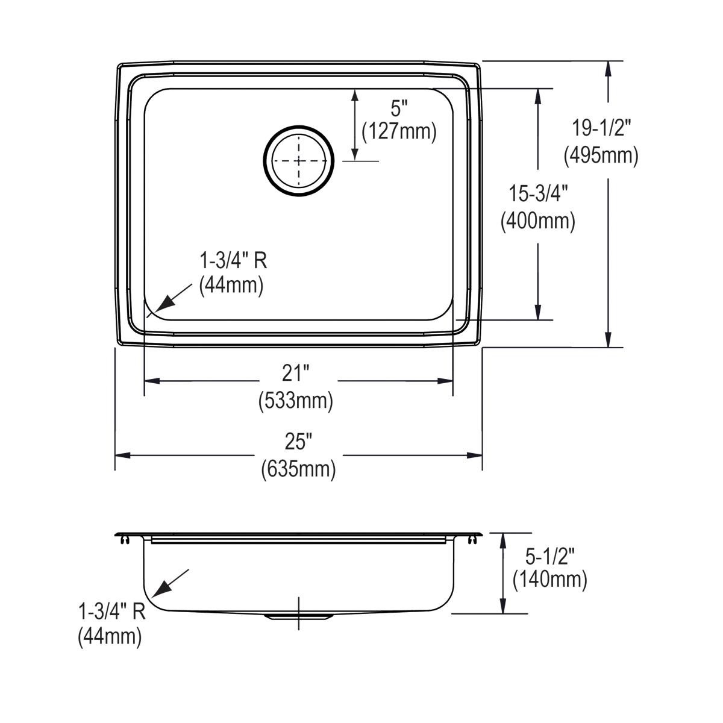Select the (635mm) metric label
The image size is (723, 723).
298,469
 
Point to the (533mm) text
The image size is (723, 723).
295,400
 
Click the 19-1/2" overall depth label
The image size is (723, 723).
601,129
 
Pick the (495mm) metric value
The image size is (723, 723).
601,155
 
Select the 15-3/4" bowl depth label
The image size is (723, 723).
537,195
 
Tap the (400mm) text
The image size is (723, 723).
537,221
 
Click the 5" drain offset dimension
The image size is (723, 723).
399,108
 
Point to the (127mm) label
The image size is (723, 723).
399,131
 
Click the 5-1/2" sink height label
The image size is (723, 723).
549,554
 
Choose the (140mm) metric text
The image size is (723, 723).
549,580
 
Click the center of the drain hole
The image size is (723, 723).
298,161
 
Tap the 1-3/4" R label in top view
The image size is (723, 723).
233,261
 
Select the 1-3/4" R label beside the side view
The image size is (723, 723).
112,612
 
